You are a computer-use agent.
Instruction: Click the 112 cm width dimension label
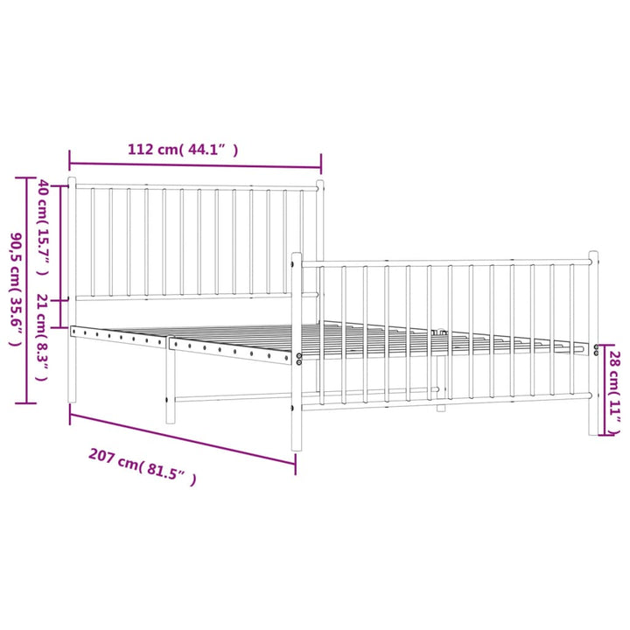[x=183, y=150]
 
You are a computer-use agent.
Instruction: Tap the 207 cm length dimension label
[x=143, y=467]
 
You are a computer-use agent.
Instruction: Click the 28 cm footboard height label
[x=615, y=392]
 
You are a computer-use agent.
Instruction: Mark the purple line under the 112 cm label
[x=195, y=165]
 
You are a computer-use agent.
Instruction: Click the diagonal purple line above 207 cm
[x=183, y=438]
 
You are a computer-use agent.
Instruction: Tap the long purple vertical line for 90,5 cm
[x=27, y=290]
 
